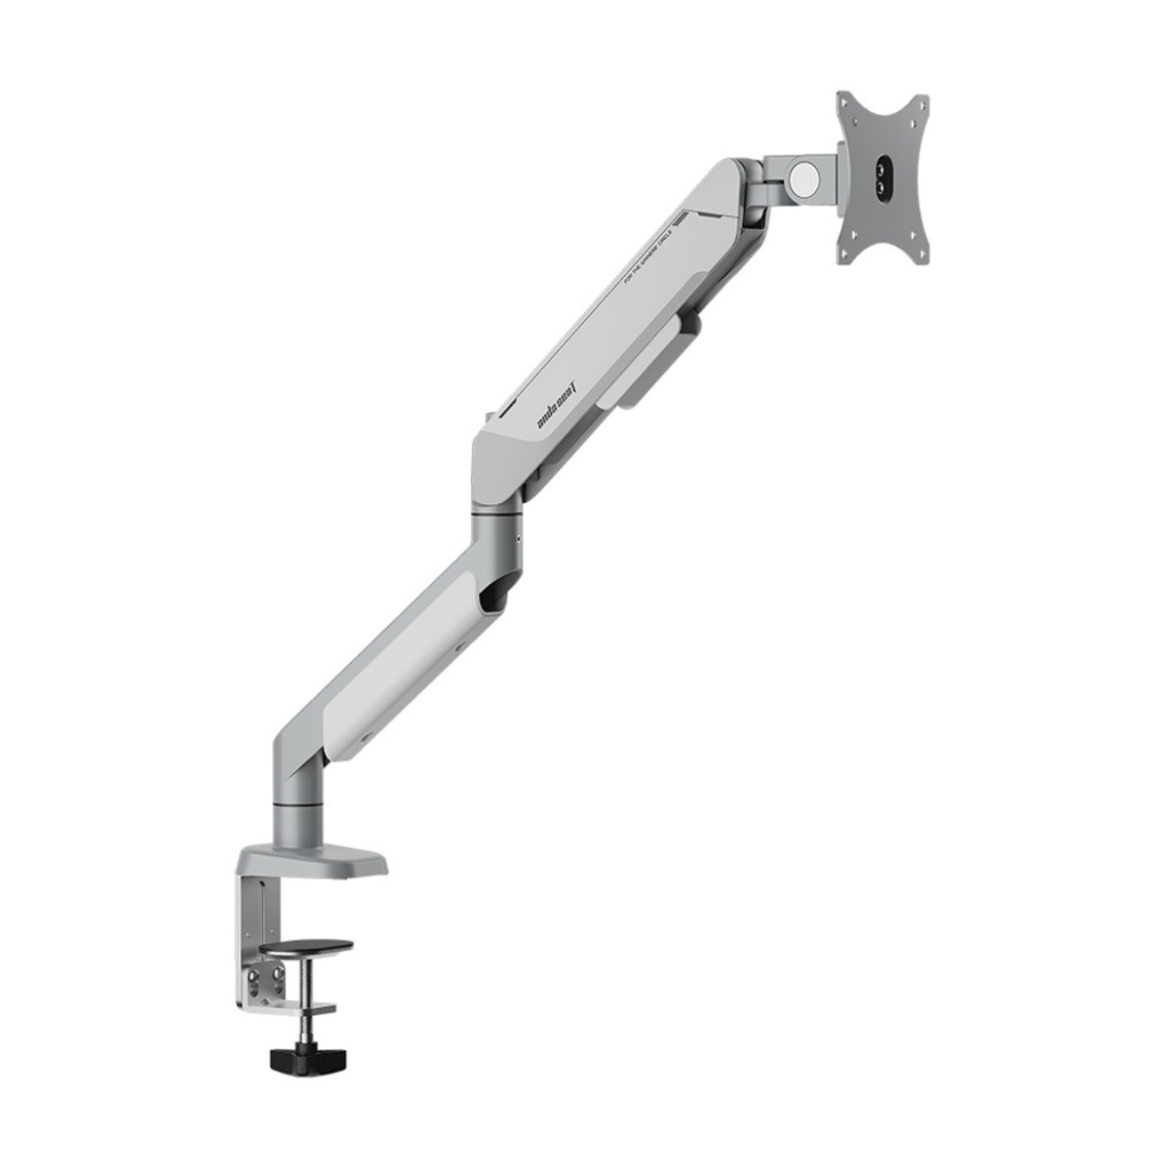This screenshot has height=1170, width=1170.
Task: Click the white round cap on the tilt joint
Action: (804, 175)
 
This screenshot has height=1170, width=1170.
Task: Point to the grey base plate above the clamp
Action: (312, 863)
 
